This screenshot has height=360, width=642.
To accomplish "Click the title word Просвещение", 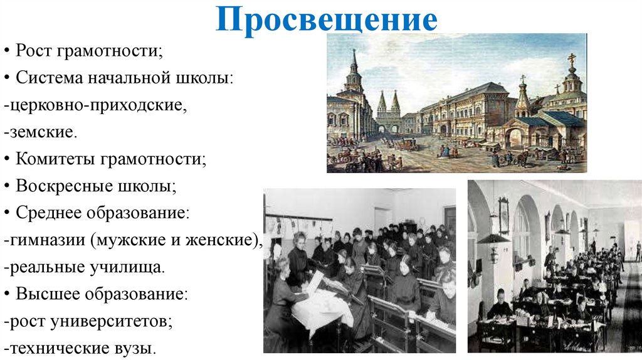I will (326, 21).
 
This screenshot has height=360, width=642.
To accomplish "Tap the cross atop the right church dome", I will (571, 58).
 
